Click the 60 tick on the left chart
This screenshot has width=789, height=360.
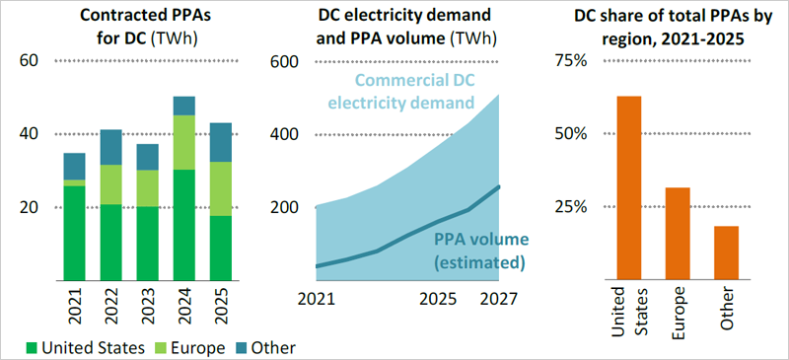31,60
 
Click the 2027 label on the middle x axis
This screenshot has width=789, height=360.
497,299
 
